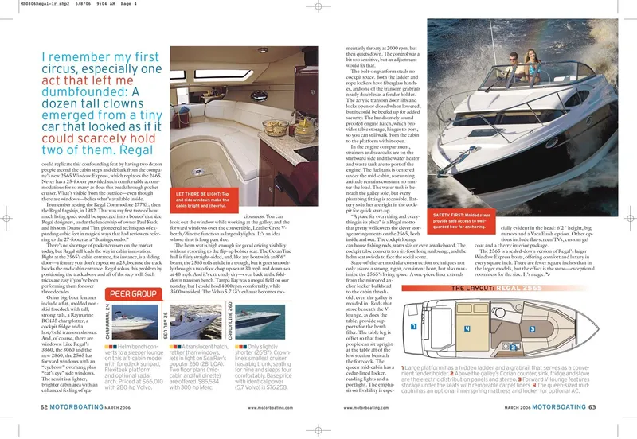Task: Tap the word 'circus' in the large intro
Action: click(57, 76)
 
